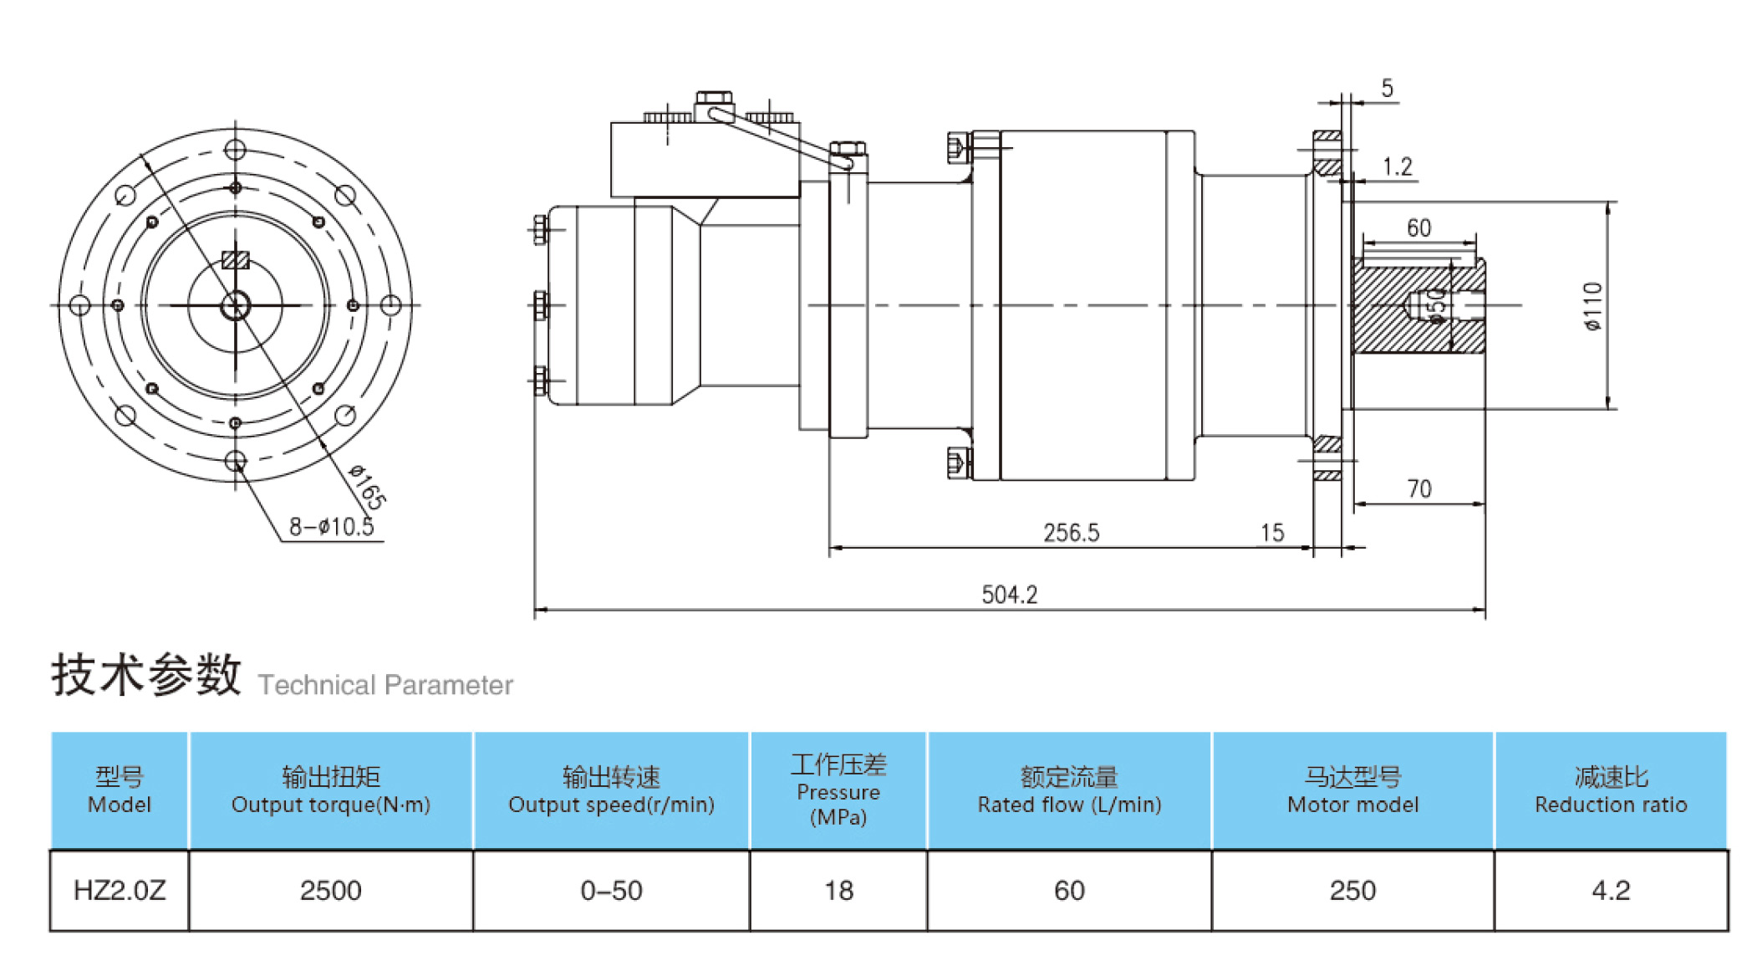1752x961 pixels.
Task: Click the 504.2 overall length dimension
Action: click(1009, 595)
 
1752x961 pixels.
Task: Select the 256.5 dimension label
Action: click(1071, 533)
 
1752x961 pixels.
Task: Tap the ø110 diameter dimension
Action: click(1593, 306)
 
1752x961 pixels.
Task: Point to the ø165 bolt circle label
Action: click(368, 487)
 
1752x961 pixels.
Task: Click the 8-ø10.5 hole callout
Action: click(331, 527)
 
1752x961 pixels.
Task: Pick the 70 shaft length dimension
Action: click(1418, 488)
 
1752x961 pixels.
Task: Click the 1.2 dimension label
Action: click(1397, 166)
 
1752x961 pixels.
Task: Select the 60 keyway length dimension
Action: click(1418, 228)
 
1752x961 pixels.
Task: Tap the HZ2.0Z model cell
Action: click(120, 890)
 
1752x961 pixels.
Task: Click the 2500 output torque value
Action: click(330, 890)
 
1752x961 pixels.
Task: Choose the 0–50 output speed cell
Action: click(611, 890)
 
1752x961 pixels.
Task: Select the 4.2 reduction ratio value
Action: click(1610, 890)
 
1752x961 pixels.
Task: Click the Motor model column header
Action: click(1352, 790)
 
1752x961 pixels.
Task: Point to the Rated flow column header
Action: click(1069, 790)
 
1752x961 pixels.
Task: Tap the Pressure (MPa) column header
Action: click(838, 790)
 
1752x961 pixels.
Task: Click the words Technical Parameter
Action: click(385, 685)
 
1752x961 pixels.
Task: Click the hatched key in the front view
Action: click(236, 260)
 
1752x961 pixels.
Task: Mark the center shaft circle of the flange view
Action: click(236, 306)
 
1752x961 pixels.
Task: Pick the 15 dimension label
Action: click(1271, 533)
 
